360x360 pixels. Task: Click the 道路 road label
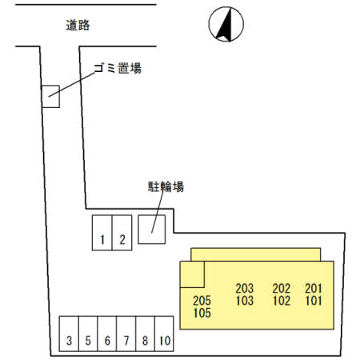(78, 25)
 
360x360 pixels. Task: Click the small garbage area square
(51, 97)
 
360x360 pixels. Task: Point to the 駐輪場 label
(166, 187)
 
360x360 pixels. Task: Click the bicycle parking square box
(152, 229)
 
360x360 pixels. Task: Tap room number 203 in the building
(245, 289)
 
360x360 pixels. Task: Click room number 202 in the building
(281, 289)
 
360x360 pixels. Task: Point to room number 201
(313, 289)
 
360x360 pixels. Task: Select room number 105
(202, 314)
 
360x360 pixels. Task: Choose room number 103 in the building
(245, 302)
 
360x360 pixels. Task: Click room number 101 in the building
(313, 302)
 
